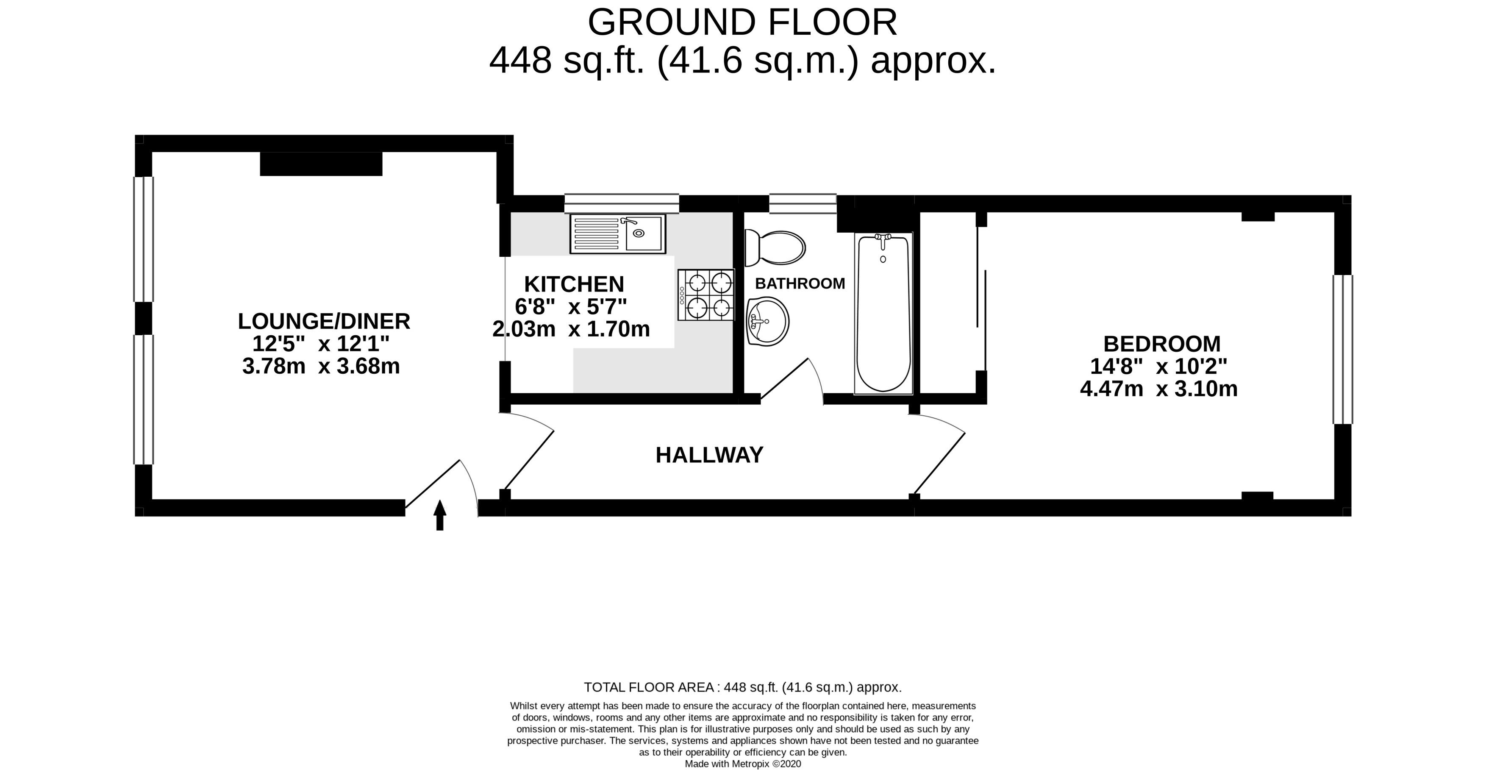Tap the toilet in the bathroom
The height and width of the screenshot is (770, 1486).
pyautogui.click(x=775, y=248)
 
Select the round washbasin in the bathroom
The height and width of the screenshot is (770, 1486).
pyautogui.click(x=767, y=322)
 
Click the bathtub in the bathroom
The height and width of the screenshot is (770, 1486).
pyautogui.click(x=883, y=313)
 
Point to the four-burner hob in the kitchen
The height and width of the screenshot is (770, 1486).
pyautogui.click(x=706, y=295)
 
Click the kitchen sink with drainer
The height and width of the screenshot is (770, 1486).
pyautogui.click(x=618, y=234)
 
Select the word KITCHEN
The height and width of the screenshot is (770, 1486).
pyautogui.click(x=574, y=284)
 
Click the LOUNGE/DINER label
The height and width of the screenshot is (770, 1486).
pyautogui.click(x=324, y=321)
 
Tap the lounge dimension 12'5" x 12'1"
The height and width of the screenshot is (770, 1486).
pyautogui.click(x=321, y=344)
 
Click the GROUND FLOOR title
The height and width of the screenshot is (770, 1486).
pyautogui.click(x=742, y=22)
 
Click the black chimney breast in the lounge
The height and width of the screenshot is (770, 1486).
pyautogui.click(x=321, y=164)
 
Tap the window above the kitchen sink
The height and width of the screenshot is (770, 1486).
pyautogui.click(x=621, y=203)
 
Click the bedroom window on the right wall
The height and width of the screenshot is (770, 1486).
pyautogui.click(x=1343, y=350)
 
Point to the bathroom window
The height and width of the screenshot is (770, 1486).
pyautogui.click(x=803, y=203)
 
